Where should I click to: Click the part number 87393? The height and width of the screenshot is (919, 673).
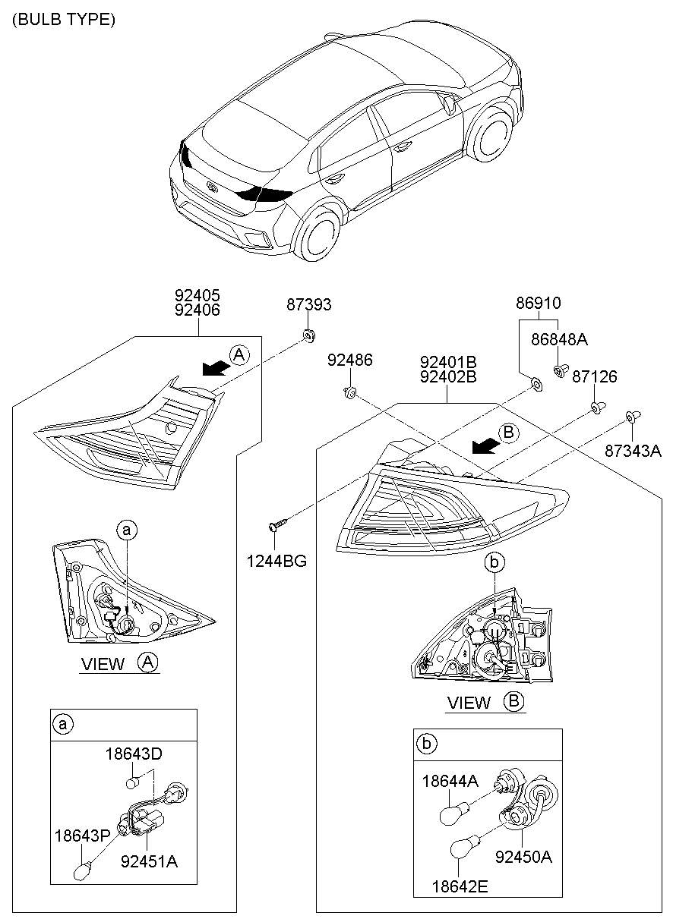coord(308,305)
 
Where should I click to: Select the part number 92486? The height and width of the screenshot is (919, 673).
coord(349,360)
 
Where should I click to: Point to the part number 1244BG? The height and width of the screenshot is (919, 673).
coord(276,562)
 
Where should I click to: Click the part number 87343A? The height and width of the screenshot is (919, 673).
coord(633,451)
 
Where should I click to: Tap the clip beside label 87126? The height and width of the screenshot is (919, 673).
coord(597,408)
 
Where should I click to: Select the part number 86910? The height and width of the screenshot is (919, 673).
coord(538,304)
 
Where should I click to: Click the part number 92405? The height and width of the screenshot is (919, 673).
coord(197,295)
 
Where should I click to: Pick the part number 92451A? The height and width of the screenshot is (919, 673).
coord(149,862)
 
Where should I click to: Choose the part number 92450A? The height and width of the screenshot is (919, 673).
coord(523,858)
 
